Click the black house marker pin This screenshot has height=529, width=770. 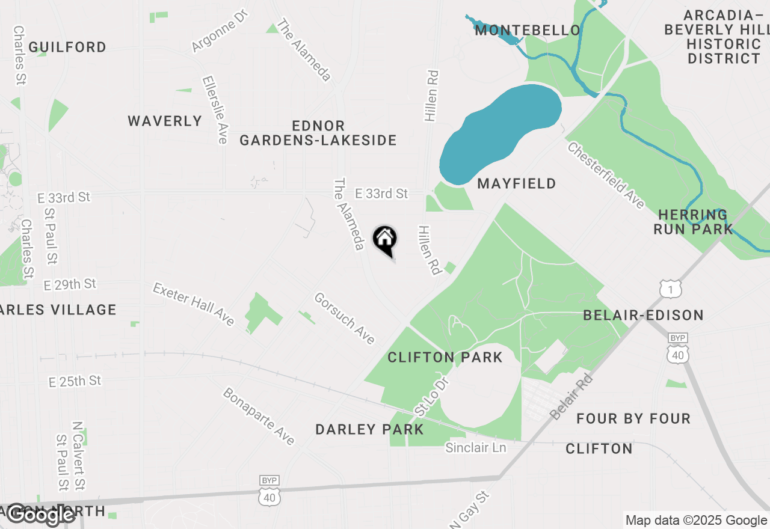tap(385, 241)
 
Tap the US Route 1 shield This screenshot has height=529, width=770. tap(670, 289)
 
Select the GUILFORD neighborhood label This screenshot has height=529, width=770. tap(67, 47)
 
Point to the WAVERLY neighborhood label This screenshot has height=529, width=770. tap(165, 121)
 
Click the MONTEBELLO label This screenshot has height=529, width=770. tap(528, 30)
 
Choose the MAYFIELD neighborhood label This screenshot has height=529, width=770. tap(517, 183)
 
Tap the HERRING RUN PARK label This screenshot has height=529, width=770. tap(693, 222)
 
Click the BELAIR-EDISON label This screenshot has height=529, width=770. tap(643, 315)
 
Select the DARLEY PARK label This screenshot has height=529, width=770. tap(369, 429)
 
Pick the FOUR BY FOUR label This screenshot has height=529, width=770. tap(633, 418)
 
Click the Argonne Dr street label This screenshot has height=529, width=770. tap(220, 31)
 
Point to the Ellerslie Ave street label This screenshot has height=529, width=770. tap(215, 109)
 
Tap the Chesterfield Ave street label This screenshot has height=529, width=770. tap(606, 175)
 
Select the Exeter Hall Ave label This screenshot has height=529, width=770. tap(193, 304)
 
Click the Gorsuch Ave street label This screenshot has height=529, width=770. tap(345, 319)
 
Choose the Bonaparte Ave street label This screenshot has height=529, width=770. tap(259, 416)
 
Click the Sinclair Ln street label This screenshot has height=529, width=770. tap(475, 448)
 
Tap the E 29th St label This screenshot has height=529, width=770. tap(70, 284)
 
